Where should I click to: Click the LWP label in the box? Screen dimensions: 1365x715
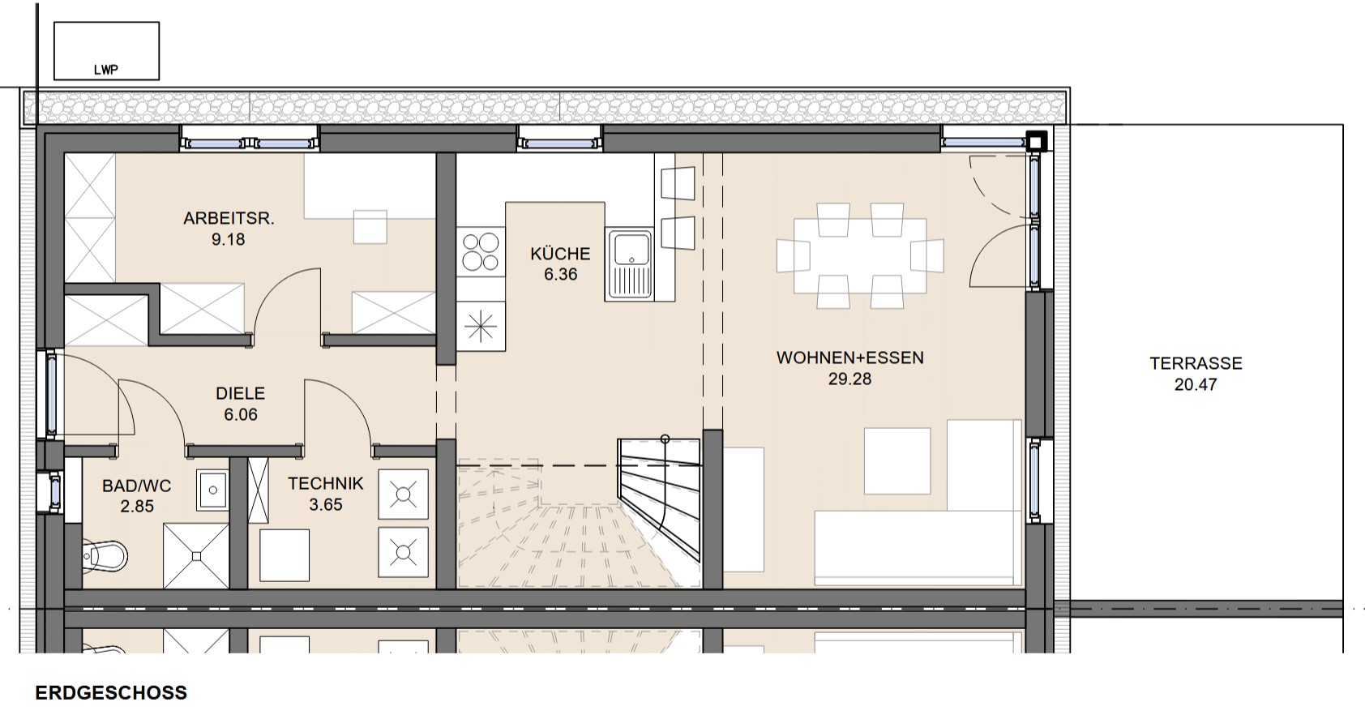[105, 70]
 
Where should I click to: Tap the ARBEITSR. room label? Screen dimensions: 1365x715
[229, 218]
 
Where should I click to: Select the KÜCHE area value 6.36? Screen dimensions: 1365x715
[560, 274]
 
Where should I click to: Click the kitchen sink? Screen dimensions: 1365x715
[629, 265]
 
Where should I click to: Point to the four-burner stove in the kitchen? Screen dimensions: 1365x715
[480, 252]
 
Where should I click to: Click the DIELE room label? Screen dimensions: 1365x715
[240, 393]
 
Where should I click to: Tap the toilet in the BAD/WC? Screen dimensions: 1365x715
[105, 555]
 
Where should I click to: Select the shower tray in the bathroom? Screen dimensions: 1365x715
[195, 556]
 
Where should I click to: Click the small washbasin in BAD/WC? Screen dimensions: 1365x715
[212, 490]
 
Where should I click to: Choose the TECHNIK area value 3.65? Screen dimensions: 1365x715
[325, 505]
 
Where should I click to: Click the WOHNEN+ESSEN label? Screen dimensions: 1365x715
[850, 357]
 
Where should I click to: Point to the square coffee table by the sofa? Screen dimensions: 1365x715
[897, 460]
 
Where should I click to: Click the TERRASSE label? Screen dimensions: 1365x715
[1196, 363]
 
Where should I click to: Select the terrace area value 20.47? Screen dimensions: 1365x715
[1196, 384]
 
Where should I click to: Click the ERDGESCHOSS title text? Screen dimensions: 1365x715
[111, 692]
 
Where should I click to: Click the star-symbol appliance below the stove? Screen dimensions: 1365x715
[480, 326]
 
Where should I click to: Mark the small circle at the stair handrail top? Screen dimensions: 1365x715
[665, 439]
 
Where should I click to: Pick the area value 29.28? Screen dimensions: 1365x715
[849, 379]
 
